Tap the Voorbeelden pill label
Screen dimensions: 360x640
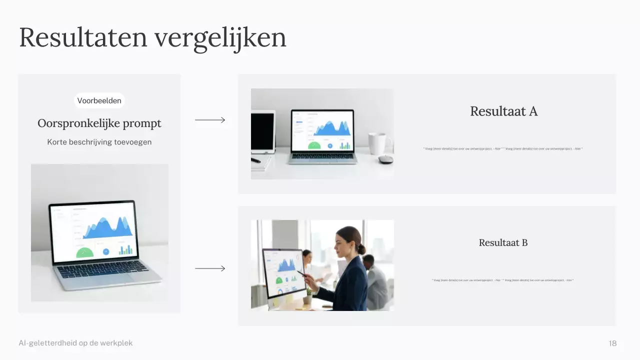(x=99, y=100)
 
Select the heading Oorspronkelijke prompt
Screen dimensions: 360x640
(x=99, y=123)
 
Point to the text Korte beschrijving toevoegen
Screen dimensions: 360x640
(x=99, y=142)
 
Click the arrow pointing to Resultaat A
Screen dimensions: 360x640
(x=210, y=120)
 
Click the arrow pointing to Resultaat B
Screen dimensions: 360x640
(x=210, y=268)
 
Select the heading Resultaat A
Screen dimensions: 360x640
(x=503, y=111)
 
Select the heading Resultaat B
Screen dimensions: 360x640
(x=503, y=243)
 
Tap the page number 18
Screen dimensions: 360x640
(x=612, y=343)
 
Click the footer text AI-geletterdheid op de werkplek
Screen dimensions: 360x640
(x=75, y=343)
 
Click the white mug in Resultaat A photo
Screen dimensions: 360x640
(x=377, y=143)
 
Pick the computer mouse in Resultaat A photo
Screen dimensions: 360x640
(x=385, y=159)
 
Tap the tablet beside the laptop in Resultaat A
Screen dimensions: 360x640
(x=262, y=132)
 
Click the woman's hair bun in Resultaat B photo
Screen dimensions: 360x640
(x=361, y=248)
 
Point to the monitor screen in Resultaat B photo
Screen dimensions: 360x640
(x=283, y=272)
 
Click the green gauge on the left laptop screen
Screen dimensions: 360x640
(x=85, y=252)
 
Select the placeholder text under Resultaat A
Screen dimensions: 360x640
(x=502, y=148)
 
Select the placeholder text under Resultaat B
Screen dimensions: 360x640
(x=502, y=280)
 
